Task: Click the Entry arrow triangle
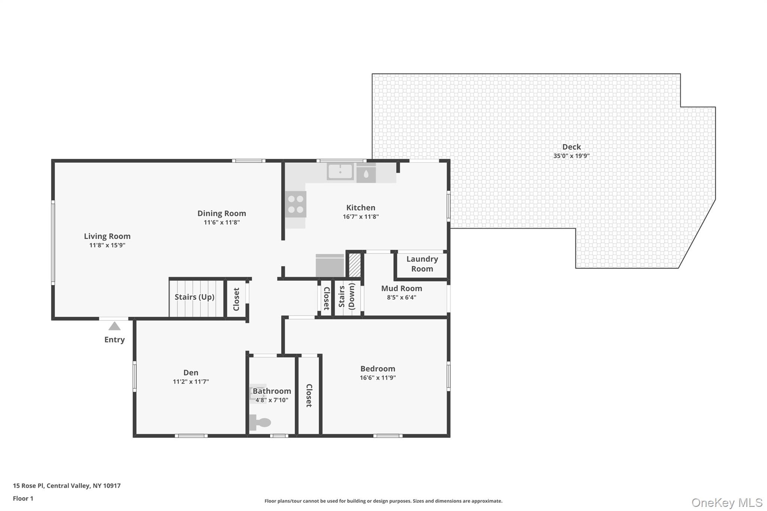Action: coord(115,326)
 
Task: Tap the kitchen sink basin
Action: coord(340,172)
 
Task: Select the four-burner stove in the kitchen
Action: coord(295,204)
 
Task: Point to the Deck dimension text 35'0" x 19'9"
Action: coord(572,156)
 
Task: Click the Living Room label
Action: coord(107,236)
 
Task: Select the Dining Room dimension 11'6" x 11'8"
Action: coord(222,222)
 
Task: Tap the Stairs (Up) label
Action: coord(194,297)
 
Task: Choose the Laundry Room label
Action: coord(422,264)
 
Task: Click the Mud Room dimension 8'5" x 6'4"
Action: coord(401,298)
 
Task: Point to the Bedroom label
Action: coord(378,369)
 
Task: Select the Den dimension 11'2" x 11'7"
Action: coord(191,382)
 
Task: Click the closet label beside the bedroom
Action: coord(309,395)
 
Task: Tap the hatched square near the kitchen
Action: coord(355,265)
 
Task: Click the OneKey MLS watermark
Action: coord(727,502)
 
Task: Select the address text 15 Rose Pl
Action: coord(28,486)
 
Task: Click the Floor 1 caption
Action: coord(23,498)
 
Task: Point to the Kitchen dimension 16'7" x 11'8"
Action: coord(361,217)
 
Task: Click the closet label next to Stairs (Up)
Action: coord(236,299)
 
